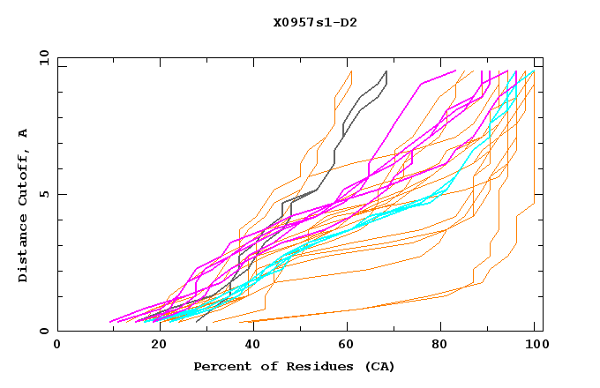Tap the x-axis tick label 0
(x=57, y=344)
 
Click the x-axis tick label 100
(x=534, y=344)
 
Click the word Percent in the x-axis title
(x=221, y=366)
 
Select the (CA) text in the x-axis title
(x=377, y=366)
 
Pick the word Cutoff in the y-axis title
(x=23, y=180)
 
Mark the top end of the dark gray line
(x=386, y=71)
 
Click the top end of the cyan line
(x=534, y=71)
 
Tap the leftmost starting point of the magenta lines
(x=109, y=322)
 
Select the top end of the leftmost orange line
(x=351, y=71)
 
